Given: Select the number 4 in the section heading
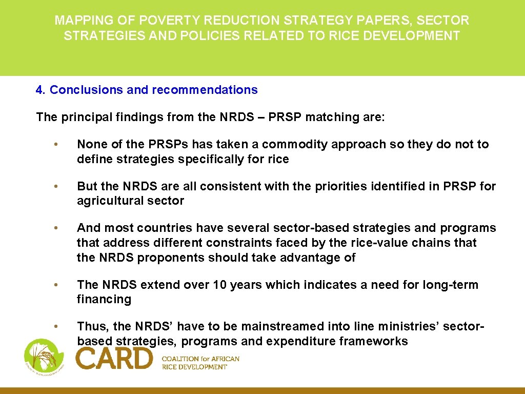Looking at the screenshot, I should click(39, 90).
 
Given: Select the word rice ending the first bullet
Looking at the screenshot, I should click(278, 159).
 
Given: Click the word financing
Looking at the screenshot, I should click(104, 299).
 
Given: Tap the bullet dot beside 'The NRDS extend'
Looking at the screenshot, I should click(61, 285).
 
